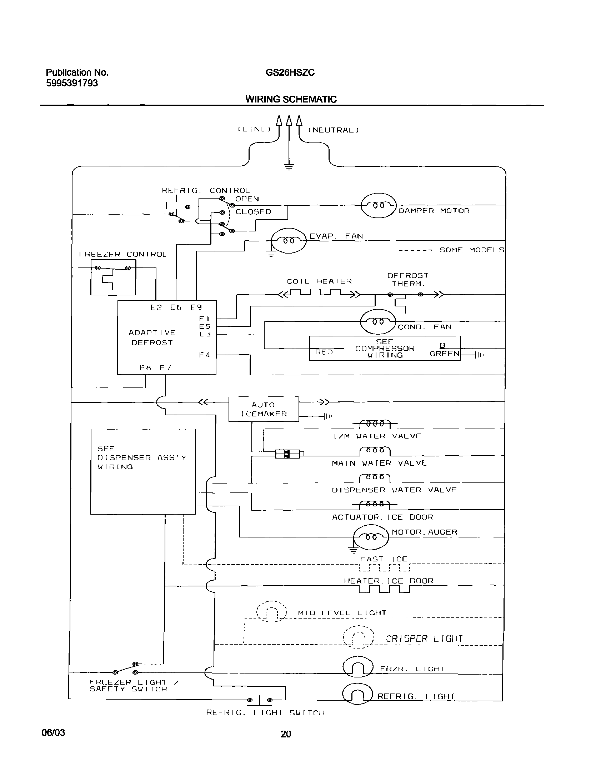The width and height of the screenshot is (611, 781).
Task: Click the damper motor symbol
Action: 379,205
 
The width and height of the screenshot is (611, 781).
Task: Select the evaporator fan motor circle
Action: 289,241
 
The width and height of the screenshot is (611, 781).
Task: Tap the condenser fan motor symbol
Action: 378,322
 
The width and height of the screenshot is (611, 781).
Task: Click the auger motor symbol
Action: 371,537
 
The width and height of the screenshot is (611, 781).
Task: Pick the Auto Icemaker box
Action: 264,409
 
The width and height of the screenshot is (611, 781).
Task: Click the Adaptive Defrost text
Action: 152,337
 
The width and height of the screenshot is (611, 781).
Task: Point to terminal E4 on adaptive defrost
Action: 205,355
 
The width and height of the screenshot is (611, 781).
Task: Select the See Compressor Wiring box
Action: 385,348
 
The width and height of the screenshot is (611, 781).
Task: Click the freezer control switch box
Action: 113,277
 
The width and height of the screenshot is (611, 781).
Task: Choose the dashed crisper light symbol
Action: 359,637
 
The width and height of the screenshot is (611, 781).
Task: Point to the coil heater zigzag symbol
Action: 320,294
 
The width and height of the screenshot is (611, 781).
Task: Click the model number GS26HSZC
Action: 290,72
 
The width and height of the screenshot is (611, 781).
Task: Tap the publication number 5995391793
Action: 71,83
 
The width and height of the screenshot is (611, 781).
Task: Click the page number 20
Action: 285,734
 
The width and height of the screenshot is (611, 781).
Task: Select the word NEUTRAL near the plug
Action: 333,130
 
